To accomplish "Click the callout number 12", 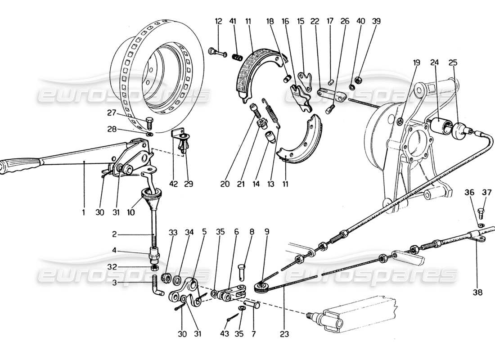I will [218, 21].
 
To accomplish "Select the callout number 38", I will [477, 292].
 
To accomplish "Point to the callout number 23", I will [284, 334].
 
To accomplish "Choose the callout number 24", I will [436, 63].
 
